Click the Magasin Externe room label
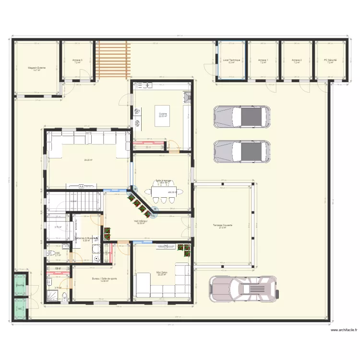coord(37,68)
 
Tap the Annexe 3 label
coord(77,60)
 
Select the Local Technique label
coord(231,60)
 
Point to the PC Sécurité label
coord(330,60)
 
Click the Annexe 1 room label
coord(264,60)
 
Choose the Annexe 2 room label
coord(297,60)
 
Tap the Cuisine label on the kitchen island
coord(164,114)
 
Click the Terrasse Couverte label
coord(222,225)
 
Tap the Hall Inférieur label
coord(141,221)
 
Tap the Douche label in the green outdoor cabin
coord(20,285)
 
